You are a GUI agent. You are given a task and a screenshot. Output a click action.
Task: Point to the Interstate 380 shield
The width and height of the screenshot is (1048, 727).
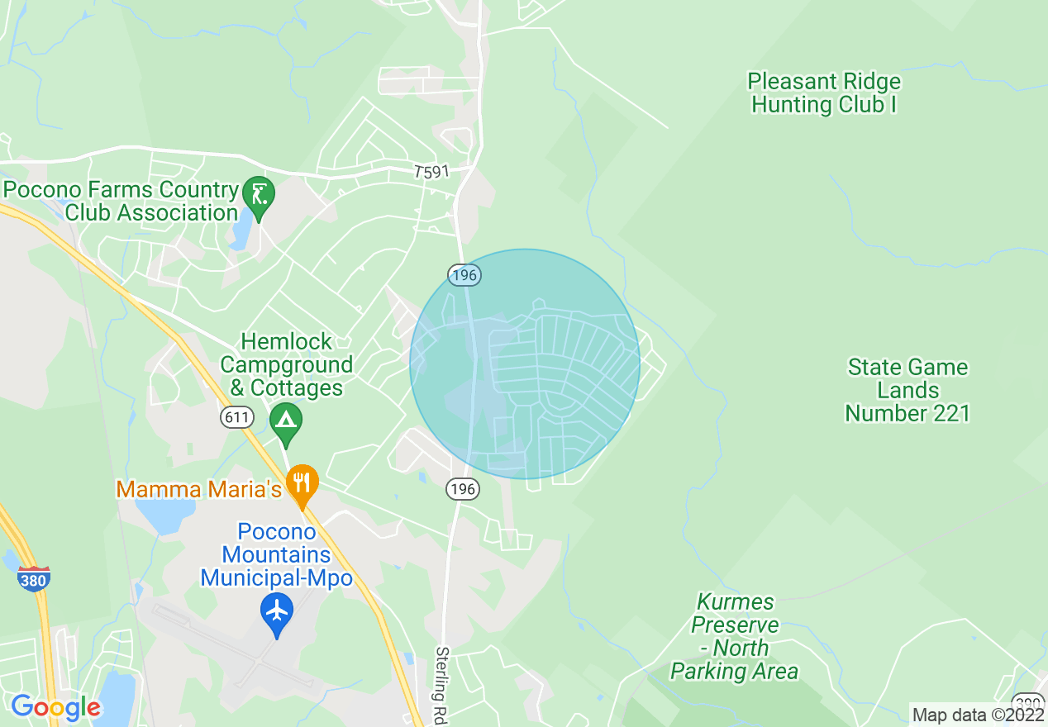(x=33, y=577)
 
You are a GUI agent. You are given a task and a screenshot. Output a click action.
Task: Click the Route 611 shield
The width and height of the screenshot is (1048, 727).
(x=236, y=418)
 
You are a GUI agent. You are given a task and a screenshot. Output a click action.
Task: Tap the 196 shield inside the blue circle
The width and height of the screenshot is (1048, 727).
(x=464, y=275)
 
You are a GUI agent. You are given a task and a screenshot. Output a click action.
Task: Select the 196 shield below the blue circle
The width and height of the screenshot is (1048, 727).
(x=462, y=489)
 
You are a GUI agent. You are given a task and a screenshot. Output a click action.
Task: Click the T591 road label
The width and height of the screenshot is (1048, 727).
(x=431, y=172)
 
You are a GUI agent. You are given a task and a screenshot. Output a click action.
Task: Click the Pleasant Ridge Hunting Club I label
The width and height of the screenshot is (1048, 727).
(x=824, y=93)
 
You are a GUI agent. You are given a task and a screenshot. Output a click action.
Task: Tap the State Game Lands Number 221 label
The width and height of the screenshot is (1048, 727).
(x=907, y=390)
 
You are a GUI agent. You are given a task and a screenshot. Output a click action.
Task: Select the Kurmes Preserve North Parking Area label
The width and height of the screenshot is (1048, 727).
(x=735, y=636)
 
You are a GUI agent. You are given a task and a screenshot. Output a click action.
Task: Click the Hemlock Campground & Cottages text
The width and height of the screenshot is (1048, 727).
(x=286, y=364)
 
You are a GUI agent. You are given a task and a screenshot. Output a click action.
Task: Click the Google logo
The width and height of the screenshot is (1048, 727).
(x=55, y=707)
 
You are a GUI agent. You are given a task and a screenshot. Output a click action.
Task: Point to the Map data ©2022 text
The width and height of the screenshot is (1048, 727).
(x=977, y=714)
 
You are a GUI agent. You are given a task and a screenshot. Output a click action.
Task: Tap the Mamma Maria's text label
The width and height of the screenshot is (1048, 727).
(x=199, y=489)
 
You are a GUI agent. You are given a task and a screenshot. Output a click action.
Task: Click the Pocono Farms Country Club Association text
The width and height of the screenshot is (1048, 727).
(x=121, y=201)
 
